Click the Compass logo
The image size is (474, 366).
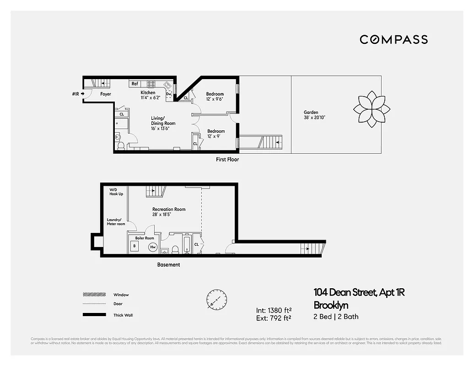(x=393, y=39)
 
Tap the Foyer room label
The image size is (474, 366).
(x=106, y=94)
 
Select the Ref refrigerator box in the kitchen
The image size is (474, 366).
(x=135, y=84)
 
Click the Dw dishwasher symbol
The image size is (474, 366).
(x=168, y=94)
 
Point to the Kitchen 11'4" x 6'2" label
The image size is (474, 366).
(x=151, y=95)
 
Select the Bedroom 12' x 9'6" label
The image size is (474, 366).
(x=215, y=97)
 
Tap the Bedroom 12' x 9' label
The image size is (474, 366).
(x=215, y=133)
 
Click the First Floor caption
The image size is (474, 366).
(x=227, y=160)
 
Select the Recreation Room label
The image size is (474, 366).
(x=169, y=212)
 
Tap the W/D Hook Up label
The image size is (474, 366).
(x=116, y=192)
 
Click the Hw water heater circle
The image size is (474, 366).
(x=153, y=247)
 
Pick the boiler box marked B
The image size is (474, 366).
(x=135, y=246)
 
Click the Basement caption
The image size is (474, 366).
(x=168, y=265)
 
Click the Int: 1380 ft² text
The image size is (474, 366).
(x=274, y=310)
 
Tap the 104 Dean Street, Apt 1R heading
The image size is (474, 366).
(x=359, y=292)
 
